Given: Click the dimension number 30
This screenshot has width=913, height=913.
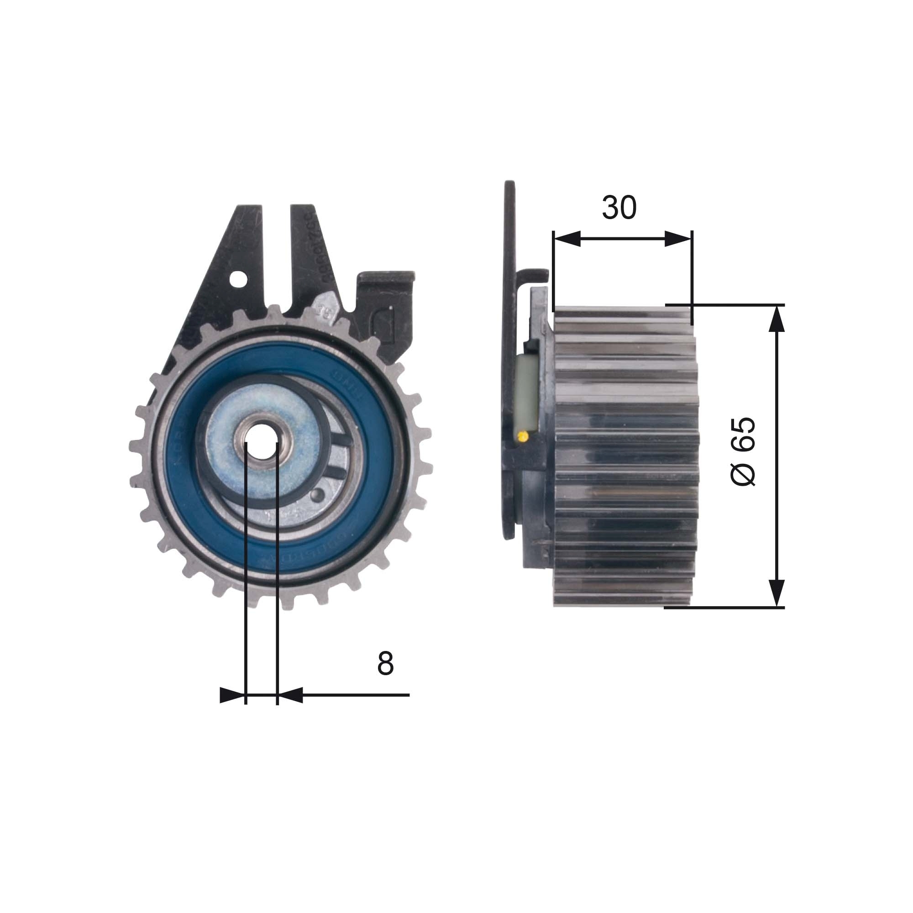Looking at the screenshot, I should tap(619, 208).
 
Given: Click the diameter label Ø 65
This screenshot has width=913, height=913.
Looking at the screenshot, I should tap(743, 451).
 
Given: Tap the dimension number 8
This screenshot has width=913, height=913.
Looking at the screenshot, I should tap(385, 663).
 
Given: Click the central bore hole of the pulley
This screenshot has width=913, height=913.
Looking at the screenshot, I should tap(262, 443).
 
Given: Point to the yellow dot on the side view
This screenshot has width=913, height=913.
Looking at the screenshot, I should tap(522, 436).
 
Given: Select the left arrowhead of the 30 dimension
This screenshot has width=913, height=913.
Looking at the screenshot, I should tap(566, 239).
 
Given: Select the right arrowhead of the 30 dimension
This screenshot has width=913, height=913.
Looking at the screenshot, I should tap(679, 239).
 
